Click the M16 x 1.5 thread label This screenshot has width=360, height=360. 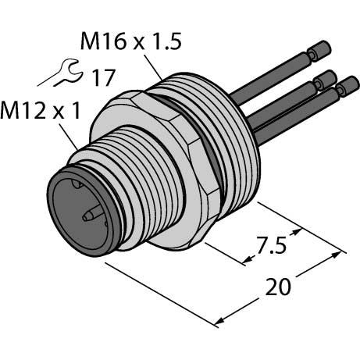click(131, 41)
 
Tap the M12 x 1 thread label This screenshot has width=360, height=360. click(40, 110)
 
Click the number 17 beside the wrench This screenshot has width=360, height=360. click(103, 77)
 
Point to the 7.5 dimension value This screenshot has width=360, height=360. click(272, 245)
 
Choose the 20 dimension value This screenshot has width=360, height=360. click(278, 287)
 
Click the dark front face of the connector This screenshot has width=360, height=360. click(80, 213)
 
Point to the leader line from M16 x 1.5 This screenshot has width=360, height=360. click(153, 67)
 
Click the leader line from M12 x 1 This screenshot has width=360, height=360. click(69, 137)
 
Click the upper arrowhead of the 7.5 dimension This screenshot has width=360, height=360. click(297, 232)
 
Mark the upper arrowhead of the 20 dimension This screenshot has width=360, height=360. click(335, 255)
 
